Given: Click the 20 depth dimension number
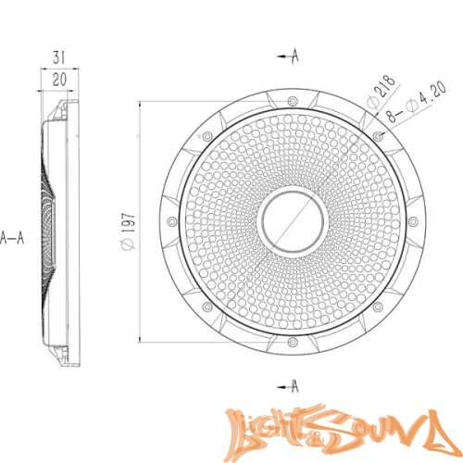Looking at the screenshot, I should click(x=59, y=80).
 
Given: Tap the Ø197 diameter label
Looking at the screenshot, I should click(x=129, y=227).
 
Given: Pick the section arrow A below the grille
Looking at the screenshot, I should click(x=289, y=383).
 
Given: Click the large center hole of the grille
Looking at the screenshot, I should click(x=291, y=221).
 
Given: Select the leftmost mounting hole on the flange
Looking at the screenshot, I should click(x=170, y=221).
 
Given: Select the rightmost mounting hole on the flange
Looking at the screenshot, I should click(x=413, y=223).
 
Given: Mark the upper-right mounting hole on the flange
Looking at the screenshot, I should click(x=377, y=136).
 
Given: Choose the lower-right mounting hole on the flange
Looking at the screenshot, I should click(x=377, y=308).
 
